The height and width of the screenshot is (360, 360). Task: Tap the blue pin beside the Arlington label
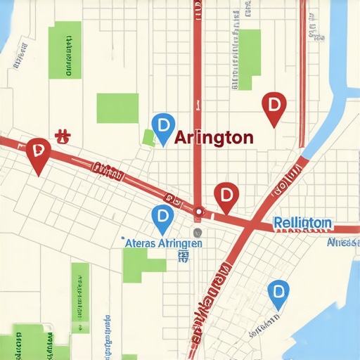pos(163,127)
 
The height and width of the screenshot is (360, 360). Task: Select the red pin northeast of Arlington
pos(273,107)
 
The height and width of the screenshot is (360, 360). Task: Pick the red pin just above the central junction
pos(226,195)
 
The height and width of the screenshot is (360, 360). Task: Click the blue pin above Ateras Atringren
pos(162,217)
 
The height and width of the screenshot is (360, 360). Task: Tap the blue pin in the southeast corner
pos(279,292)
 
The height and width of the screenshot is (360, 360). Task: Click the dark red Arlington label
pos(213,138)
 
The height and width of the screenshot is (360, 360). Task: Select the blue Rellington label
pos(302,223)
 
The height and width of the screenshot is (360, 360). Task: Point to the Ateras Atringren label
pos(163,243)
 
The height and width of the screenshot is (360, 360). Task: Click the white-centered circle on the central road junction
pos(199,210)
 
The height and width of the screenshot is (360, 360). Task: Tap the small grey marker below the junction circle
pos(198,233)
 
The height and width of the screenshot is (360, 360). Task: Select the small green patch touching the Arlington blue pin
pos(148,138)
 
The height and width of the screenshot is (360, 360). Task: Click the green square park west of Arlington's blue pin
pos(117,108)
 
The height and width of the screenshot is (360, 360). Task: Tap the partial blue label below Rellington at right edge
pos(343,243)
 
